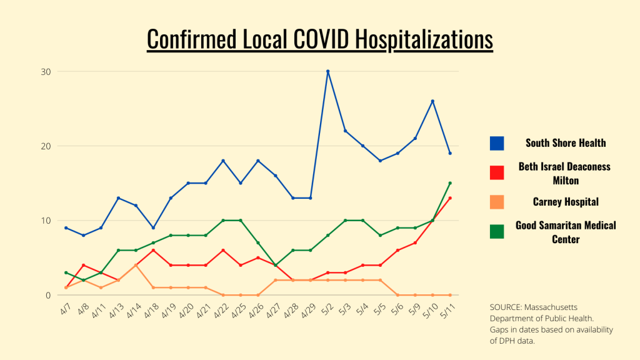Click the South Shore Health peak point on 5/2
click(x=327, y=71)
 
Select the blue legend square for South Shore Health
click(x=497, y=143)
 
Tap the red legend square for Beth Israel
click(x=497, y=172)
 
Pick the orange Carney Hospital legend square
click(x=497, y=202)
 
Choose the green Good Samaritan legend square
click(x=497, y=231)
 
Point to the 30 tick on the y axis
click(x=46, y=71)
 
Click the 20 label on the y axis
click(x=46, y=146)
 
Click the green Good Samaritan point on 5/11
click(x=450, y=183)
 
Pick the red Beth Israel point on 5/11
click(x=450, y=198)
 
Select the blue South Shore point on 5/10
click(x=432, y=101)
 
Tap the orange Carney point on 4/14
click(x=136, y=265)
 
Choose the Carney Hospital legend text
click(x=566, y=202)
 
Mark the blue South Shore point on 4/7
click(x=66, y=227)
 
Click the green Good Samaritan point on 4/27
click(x=275, y=265)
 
